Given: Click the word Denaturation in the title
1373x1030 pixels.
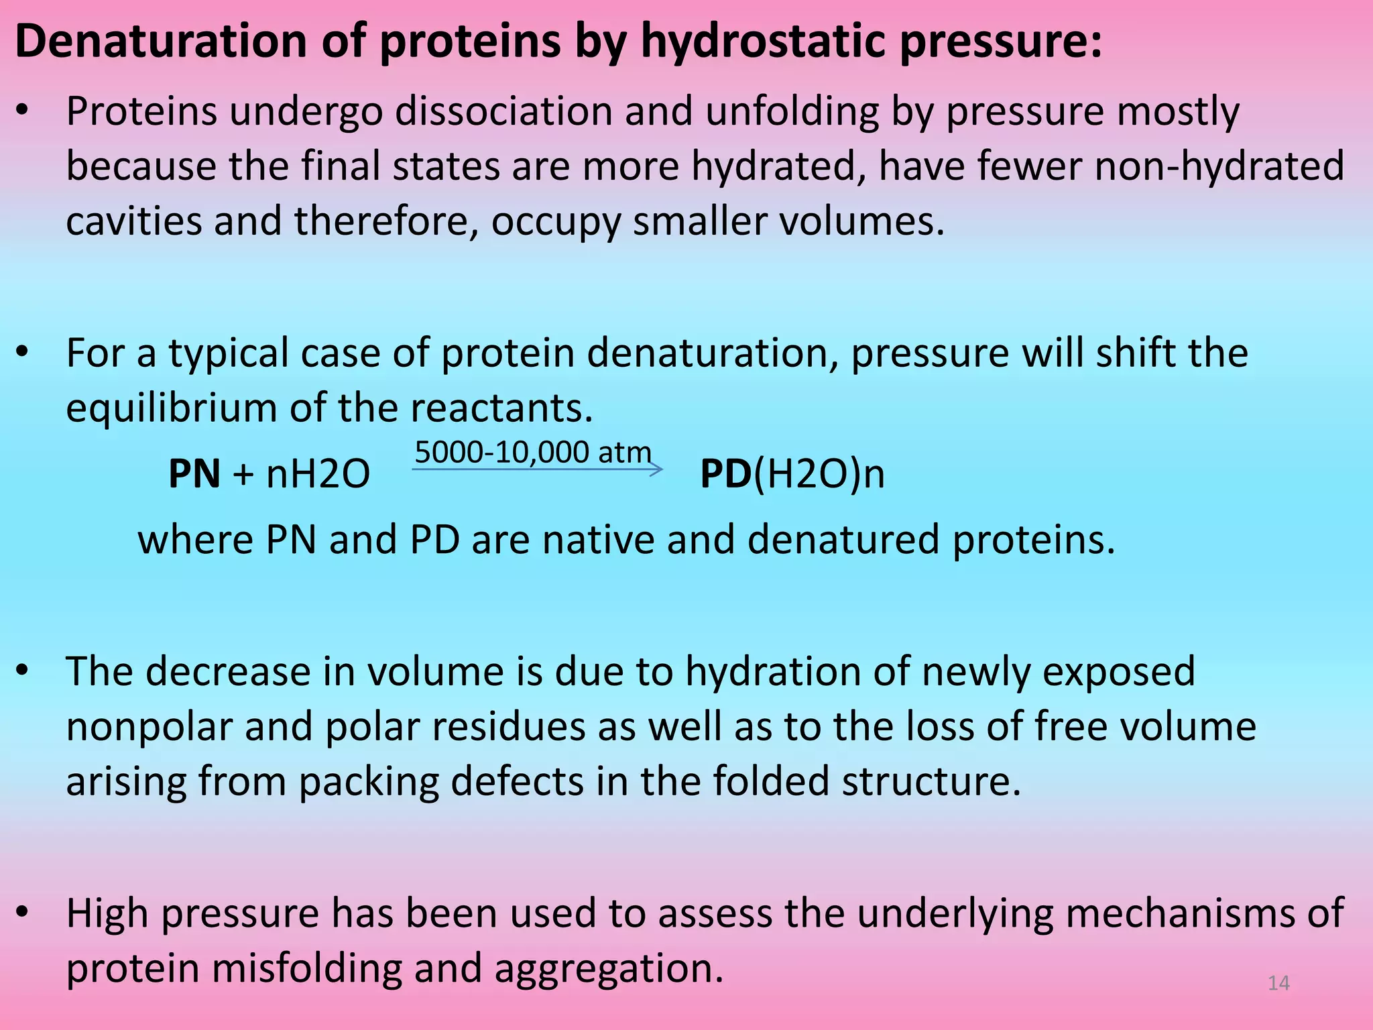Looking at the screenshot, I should (x=161, y=42).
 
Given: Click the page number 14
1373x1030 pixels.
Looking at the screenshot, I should (x=1278, y=983).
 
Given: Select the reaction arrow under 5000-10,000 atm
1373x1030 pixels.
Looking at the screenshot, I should (x=536, y=469).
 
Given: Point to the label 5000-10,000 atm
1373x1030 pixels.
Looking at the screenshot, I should (x=533, y=452).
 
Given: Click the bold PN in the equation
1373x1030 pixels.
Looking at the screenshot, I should (x=194, y=474).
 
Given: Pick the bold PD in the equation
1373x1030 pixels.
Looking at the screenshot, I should (x=726, y=474).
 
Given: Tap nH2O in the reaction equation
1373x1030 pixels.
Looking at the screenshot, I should (x=318, y=474).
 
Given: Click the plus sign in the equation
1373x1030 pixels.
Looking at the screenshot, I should (x=243, y=475).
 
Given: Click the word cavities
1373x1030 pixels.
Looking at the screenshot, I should (x=134, y=221).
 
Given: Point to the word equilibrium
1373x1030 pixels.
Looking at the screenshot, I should (x=171, y=408).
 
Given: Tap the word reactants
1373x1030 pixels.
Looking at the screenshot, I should (x=501, y=408).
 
